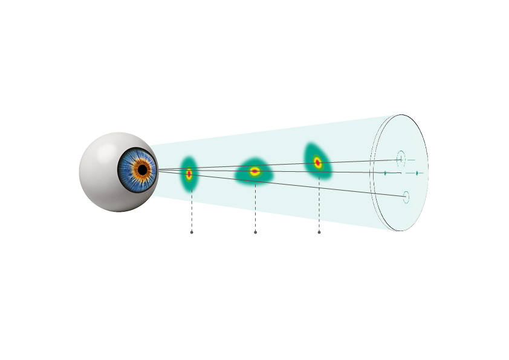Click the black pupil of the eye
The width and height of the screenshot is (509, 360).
142,170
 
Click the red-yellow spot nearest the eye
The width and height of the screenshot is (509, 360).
189,174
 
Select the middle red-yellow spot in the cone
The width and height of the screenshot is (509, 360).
255,171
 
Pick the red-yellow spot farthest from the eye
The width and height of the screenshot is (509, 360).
317,162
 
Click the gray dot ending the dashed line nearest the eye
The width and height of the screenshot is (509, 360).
192,232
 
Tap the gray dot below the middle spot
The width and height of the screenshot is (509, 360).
255,232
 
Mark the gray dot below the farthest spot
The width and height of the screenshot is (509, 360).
319,232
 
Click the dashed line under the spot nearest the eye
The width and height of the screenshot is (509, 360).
192,209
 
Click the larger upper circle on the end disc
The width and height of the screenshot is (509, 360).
400,159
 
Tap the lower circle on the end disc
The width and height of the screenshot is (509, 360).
406,197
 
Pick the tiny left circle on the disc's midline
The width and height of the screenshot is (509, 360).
385,173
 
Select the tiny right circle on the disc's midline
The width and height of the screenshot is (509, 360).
417,173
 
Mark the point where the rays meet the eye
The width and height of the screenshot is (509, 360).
158,171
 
